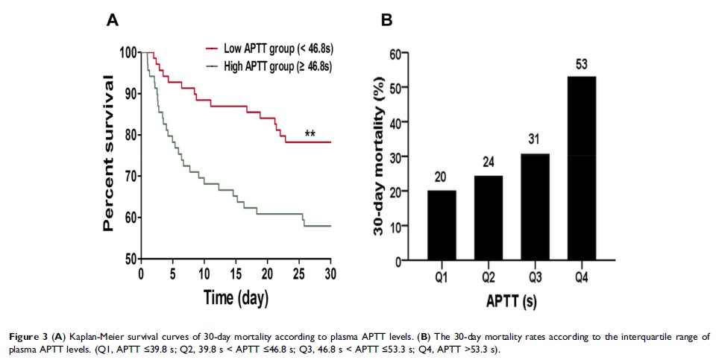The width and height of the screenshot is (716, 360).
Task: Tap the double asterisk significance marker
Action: [309, 134]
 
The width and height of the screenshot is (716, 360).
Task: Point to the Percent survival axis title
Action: [109, 154]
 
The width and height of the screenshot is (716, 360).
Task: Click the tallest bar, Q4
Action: [581, 168]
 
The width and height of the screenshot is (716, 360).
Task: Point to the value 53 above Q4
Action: [582, 65]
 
